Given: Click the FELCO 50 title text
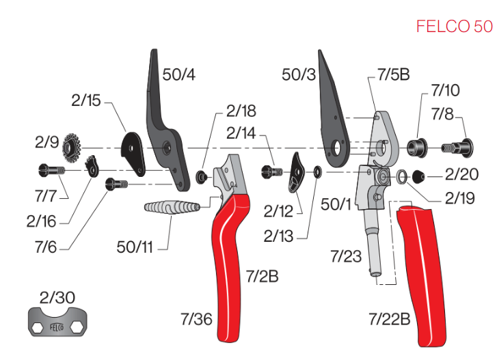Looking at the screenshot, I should [x=453, y=27].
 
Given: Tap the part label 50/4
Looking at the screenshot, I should [x=179, y=74].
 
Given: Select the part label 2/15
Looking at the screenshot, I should [x=85, y=100].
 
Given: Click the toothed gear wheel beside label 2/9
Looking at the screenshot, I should [x=71, y=146].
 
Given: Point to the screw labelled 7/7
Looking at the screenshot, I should [x=52, y=169].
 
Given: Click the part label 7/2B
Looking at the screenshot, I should [x=263, y=276].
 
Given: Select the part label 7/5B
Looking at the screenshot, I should [x=393, y=74].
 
